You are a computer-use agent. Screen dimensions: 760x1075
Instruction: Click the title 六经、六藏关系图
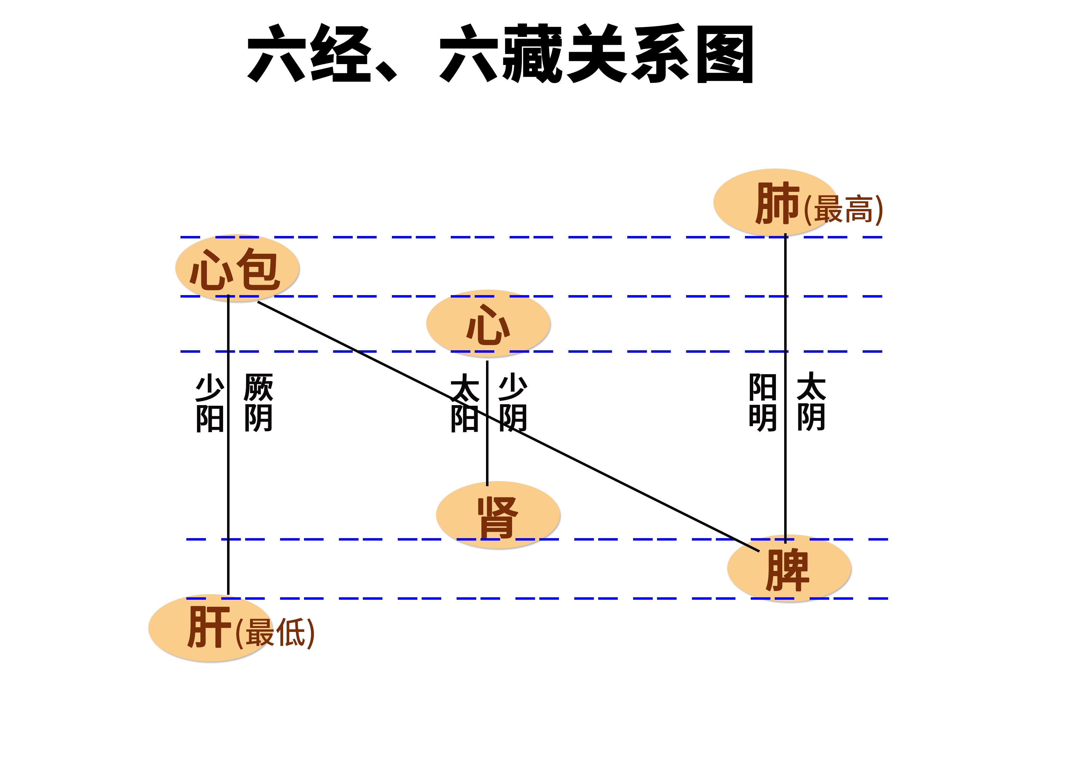[x=500, y=54]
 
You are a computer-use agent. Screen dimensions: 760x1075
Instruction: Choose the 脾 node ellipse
[x=789, y=568]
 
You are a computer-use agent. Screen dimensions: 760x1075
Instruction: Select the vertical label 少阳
[x=209, y=402]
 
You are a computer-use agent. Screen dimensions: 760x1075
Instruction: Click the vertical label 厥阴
[x=258, y=402]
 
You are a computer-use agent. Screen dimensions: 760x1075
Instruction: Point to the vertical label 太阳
[x=465, y=402]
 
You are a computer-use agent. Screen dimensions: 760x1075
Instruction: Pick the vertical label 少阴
[x=513, y=402]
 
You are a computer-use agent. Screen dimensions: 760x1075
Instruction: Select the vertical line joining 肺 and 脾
[x=785, y=468]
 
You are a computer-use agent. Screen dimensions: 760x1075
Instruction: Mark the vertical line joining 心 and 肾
[x=488, y=459]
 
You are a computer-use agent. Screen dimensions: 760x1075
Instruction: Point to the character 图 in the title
[x=724, y=55]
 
